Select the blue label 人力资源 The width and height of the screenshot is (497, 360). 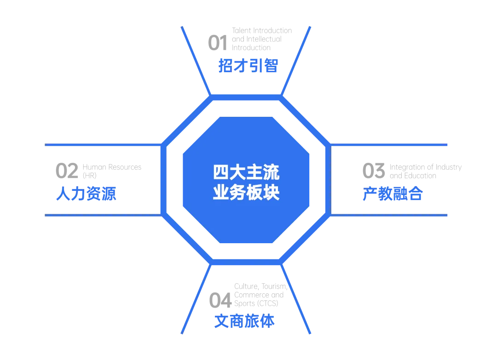87,194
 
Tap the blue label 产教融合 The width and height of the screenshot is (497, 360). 392,194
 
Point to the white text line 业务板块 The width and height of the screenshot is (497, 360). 246,192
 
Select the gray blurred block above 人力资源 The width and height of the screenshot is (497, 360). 98,170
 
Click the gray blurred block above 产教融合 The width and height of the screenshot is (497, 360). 411,170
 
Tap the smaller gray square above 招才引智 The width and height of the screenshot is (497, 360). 214,42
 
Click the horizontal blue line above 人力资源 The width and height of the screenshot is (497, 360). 101,145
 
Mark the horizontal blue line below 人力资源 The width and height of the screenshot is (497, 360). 101,215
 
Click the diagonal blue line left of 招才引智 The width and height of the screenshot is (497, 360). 196,60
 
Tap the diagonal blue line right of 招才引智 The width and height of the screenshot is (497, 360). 296,60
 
